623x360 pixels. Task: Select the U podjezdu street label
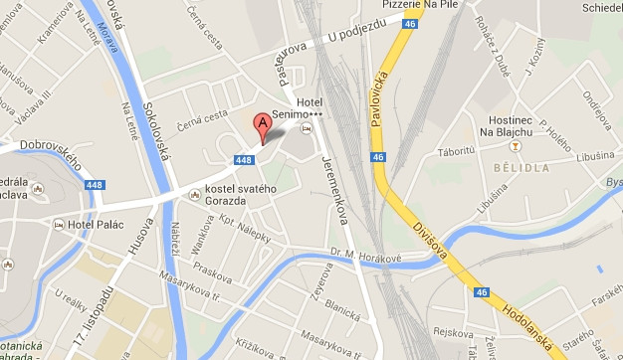pos(355,37)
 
